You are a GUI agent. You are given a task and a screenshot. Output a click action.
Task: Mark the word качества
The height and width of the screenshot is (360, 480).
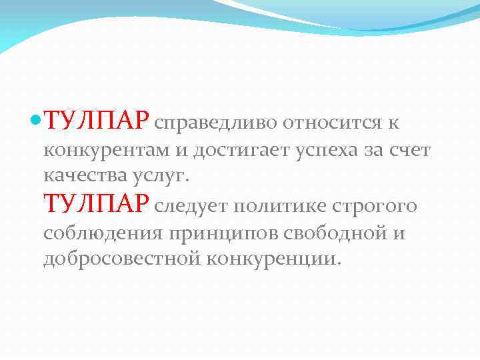point(83,175)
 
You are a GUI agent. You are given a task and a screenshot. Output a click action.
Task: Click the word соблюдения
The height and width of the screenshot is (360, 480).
point(103,234)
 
